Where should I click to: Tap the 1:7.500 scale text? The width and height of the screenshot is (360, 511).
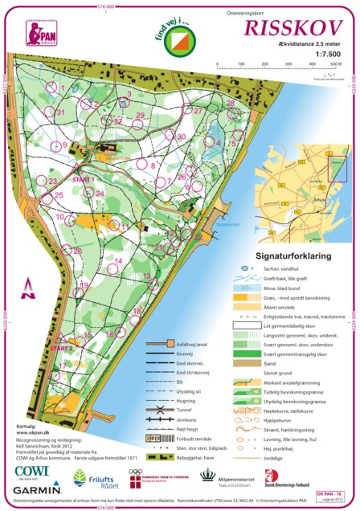[x=329, y=52]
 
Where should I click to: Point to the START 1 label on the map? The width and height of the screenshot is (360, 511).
[x=84, y=179]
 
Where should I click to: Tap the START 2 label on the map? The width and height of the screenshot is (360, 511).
[x=62, y=349]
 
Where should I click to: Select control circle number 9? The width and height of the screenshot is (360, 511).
[x=55, y=146]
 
